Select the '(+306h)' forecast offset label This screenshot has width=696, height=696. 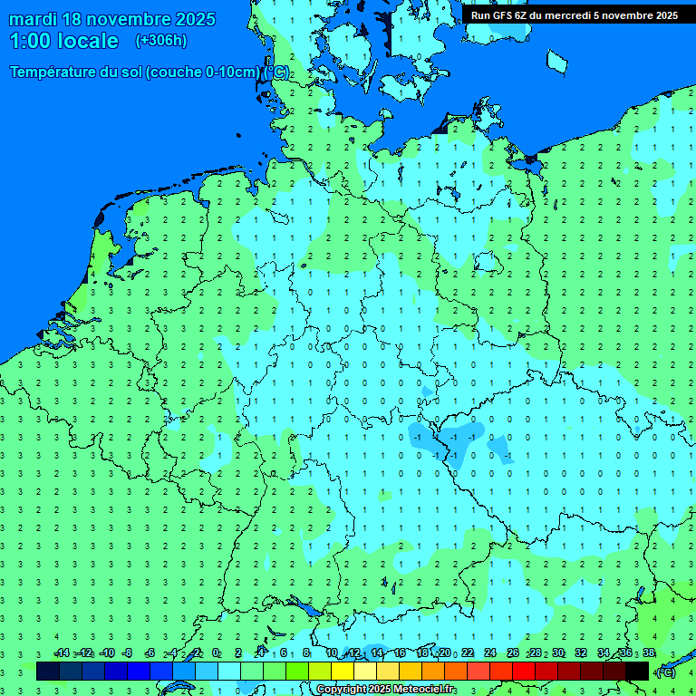coord(160,41)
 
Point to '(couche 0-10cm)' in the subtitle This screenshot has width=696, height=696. coord(207,72)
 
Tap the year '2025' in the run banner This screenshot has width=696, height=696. coord(661,15)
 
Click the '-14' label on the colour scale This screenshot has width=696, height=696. coord(62,652)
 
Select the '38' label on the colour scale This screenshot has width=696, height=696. coord(649,652)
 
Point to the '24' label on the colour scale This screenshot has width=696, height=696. coord(490,652)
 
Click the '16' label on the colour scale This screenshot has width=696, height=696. coord(400,652)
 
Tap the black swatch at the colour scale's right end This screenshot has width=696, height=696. coord(637,672)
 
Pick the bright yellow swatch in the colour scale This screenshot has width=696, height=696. coord(343,672)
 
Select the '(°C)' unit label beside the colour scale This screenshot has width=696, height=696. coord(665,672)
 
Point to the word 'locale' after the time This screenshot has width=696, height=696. coord(90,41)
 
